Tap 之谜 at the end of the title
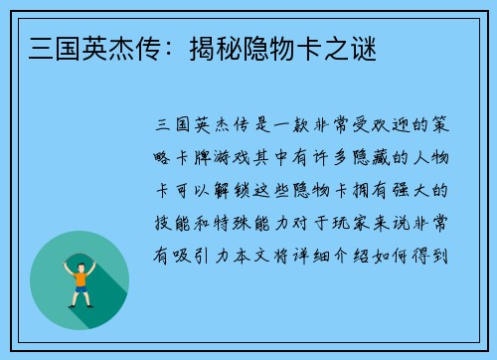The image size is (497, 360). [x=354, y=47]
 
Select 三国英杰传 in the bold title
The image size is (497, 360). [x=91, y=47]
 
